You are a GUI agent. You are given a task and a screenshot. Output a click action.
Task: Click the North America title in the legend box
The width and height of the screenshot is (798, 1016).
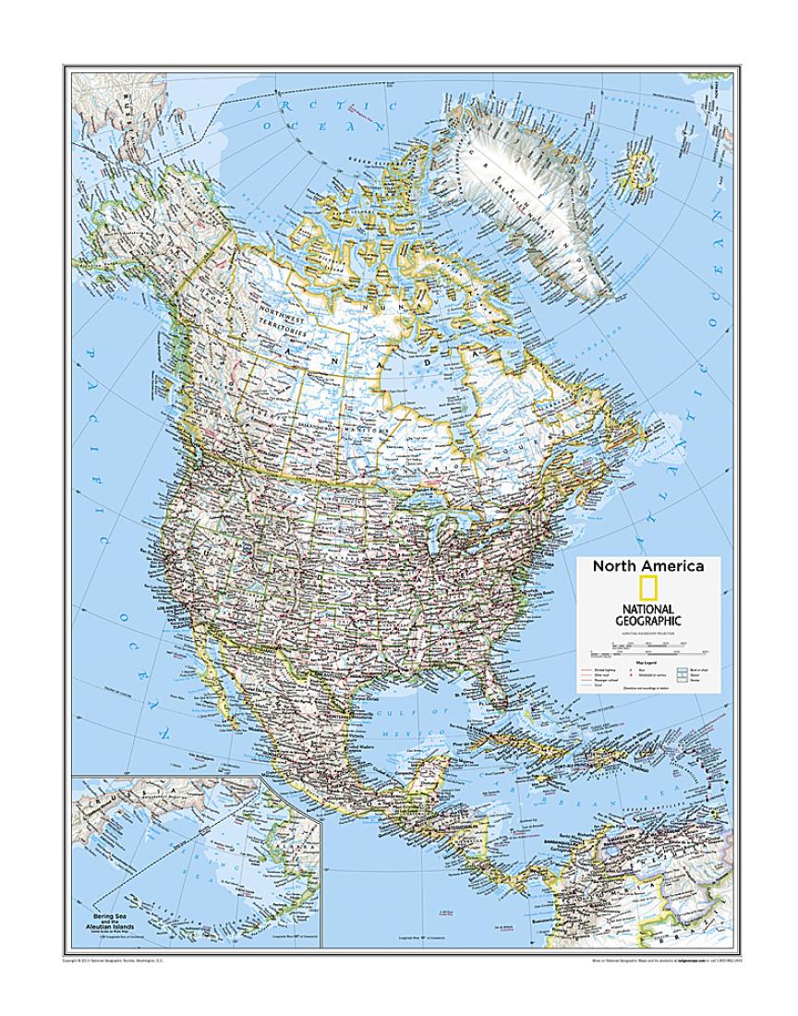[648, 566]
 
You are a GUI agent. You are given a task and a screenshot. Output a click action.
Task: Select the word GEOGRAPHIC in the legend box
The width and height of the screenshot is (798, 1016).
[648, 622]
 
